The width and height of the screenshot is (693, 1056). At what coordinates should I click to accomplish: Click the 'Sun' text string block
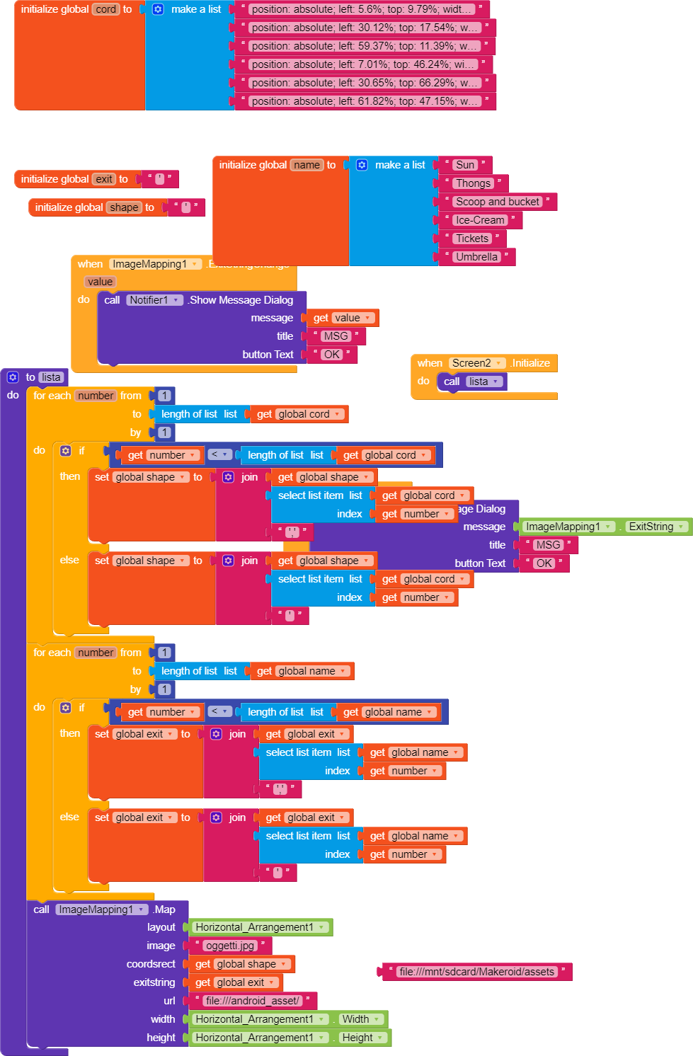click(465, 165)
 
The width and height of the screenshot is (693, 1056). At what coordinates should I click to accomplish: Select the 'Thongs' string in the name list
click(473, 183)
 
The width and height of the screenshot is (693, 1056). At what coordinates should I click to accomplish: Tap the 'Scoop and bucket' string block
click(497, 202)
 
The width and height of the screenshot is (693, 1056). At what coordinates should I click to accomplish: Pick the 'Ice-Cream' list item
click(479, 220)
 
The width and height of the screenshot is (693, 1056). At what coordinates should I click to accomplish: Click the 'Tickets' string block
click(471, 239)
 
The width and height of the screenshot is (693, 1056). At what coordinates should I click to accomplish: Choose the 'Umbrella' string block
click(476, 257)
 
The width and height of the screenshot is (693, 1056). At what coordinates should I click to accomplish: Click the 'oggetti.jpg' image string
click(229, 946)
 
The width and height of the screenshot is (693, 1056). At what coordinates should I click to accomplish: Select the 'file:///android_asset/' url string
click(252, 1001)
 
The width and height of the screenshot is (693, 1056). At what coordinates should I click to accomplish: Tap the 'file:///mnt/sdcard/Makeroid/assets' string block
click(476, 972)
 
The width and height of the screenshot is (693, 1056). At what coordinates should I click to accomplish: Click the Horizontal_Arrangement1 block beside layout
click(255, 927)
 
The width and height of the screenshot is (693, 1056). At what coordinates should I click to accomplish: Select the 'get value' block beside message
click(343, 318)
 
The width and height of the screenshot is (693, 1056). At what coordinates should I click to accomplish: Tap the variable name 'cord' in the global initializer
click(106, 9)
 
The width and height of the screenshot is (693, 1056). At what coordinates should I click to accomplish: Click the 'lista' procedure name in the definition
click(51, 377)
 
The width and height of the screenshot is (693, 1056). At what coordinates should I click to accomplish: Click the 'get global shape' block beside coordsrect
click(241, 964)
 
